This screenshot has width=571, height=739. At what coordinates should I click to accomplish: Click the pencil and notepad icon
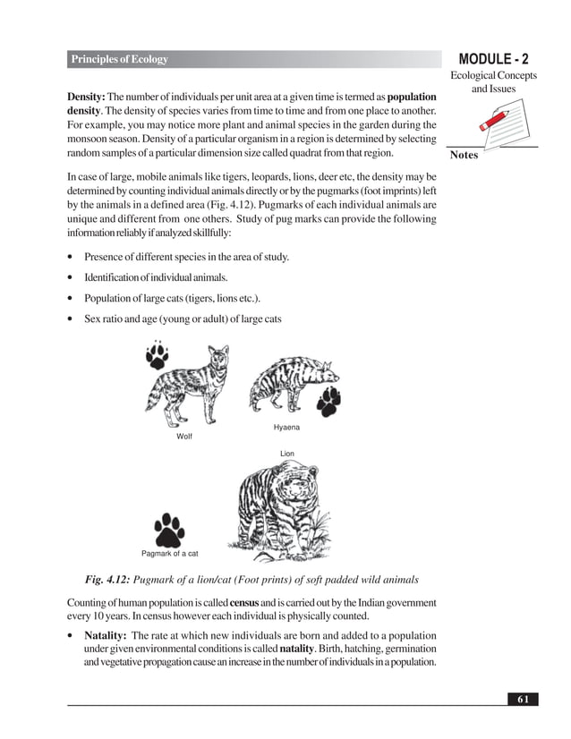[490, 123]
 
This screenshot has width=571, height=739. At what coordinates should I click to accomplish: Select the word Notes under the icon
[464, 155]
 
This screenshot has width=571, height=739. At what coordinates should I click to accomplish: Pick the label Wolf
[184, 437]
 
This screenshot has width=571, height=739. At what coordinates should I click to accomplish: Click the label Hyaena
[286, 428]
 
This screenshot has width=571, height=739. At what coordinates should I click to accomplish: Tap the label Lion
[286, 454]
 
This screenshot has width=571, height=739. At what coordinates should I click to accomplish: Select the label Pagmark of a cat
[170, 554]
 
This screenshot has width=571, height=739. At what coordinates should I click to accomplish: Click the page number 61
[522, 698]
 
